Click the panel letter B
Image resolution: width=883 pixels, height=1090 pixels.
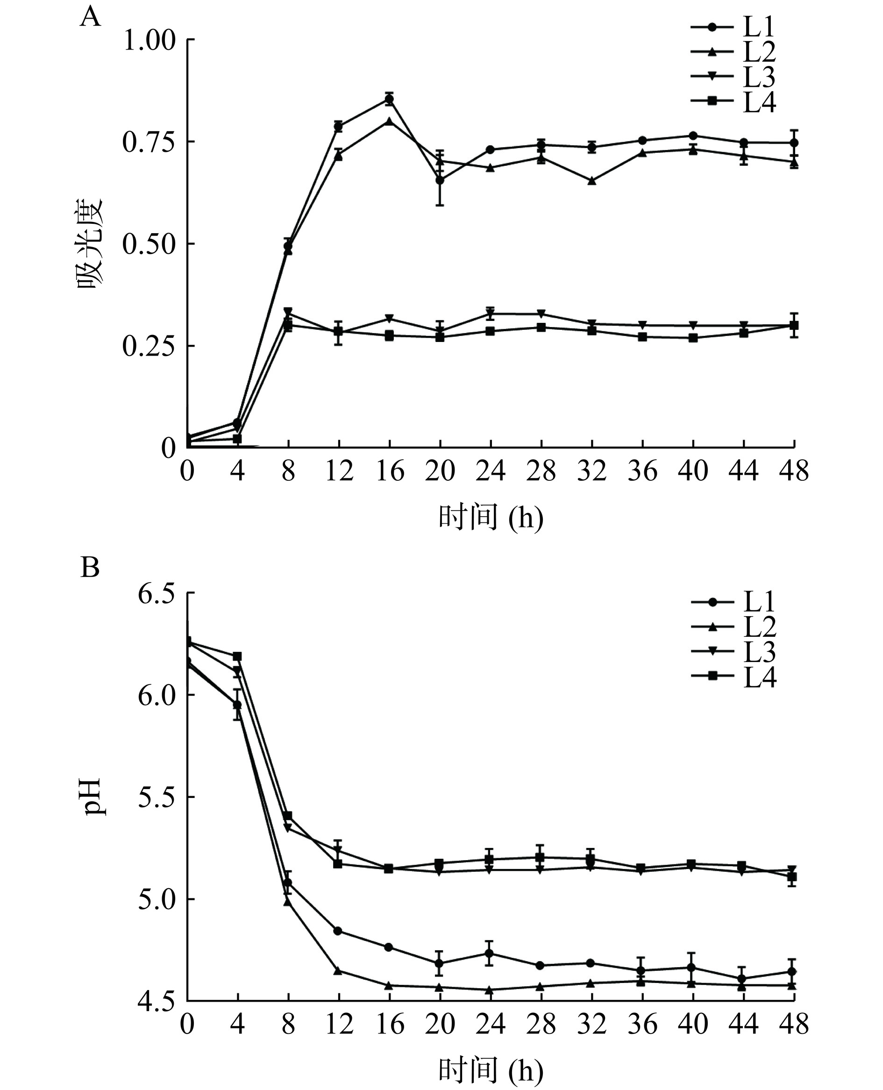pyautogui.click(x=90, y=567)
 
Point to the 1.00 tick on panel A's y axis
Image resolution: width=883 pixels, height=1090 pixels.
pyautogui.click(x=149, y=40)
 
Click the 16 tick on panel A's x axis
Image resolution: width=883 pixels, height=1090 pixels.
pyautogui.click(x=389, y=471)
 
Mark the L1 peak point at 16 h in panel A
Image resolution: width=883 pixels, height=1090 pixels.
pyautogui.click(x=389, y=99)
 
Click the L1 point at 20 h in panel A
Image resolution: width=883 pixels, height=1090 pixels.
pyautogui.click(x=440, y=180)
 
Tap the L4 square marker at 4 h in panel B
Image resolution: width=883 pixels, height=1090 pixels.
pyautogui.click(x=237, y=656)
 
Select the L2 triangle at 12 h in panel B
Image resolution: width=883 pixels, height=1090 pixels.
pyautogui.click(x=338, y=970)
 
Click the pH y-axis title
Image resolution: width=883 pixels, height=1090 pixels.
pyautogui.click(x=94, y=797)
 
